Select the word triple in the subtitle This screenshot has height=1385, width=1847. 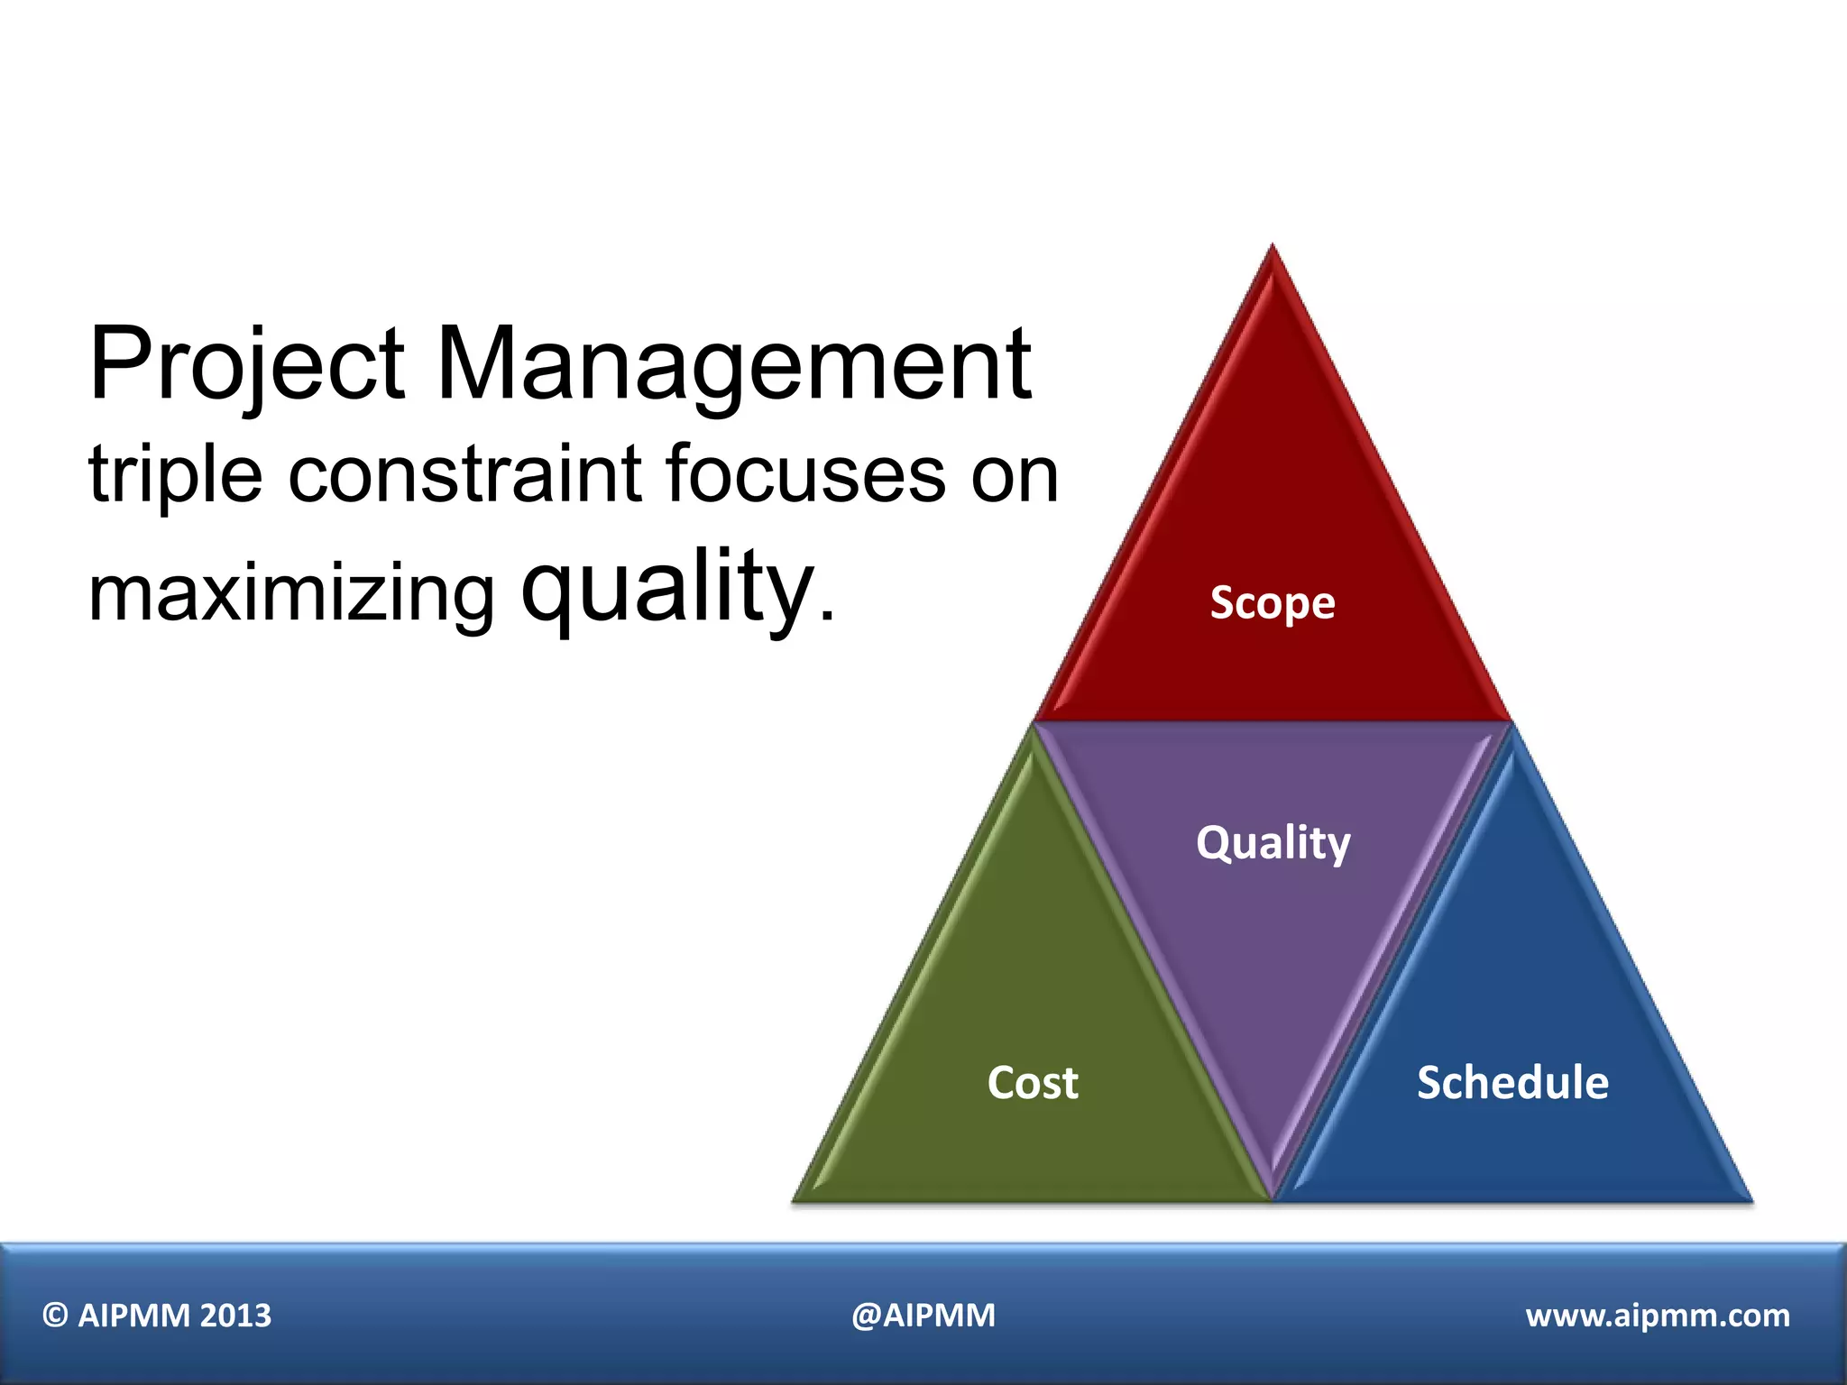(x=176, y=475)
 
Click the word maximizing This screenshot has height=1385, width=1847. (x=291, y=595)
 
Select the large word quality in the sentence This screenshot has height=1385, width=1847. (x=668, y=588)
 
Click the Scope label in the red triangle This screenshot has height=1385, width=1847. (x=1272, y=602)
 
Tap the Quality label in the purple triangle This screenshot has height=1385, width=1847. (x=1273, y=843)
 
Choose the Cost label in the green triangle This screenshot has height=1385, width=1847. (x=1033, y=1082)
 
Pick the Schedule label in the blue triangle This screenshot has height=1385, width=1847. (x=1512, y=1082)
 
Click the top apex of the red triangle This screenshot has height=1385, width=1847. (x=1273, y=249)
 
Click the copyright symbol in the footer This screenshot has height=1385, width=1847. (x=55, y=1316)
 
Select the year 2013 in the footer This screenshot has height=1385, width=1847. (x=235, y=1316)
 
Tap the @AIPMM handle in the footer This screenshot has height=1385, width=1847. (x=923, y=1316)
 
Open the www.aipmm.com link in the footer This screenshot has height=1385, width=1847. (x=1658, y=1316)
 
